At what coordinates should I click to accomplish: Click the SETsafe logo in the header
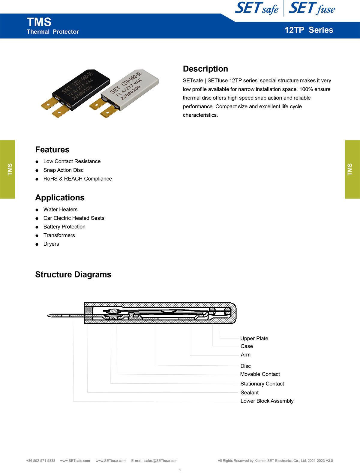(x=256, y=8)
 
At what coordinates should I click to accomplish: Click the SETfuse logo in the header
(x=312, y=8)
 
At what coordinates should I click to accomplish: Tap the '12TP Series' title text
(x=309, y=30)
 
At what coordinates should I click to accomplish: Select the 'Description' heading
(x=205, y=69)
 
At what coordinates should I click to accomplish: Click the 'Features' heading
(x=52, y=150)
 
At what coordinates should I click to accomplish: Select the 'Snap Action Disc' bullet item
(x=63, y=170)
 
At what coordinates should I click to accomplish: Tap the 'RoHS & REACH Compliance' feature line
(x=77, y=179)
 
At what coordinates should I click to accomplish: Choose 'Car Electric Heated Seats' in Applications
(x=74, y=218)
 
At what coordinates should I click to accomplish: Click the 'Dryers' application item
(x=51, y=244)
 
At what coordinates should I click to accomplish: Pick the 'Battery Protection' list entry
(x=64, y=227)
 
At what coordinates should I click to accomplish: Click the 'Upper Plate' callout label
(x=254, y=338)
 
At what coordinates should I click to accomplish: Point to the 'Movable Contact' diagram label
(x=260, y=374)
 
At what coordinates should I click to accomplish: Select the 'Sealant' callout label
(x=249, y=393)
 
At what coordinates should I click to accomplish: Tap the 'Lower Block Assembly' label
(x=267, y=401)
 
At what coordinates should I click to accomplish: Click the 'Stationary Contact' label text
(x=262, y=384)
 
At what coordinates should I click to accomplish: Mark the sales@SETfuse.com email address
(x=160, y=461)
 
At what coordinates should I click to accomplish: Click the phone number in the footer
(x=41, y=461)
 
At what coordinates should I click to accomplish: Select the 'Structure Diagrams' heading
(x=73, y=274)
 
